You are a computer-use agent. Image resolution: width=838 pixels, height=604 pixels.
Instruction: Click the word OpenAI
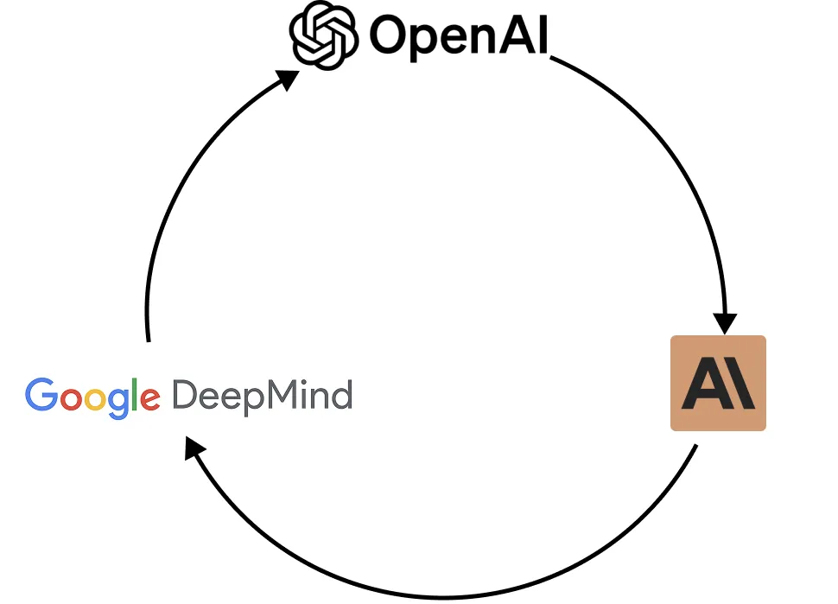pos(459,37)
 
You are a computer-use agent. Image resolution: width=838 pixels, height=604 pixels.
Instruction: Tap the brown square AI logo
pos(718,383)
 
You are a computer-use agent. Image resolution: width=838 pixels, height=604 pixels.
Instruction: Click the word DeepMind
pos(262,397)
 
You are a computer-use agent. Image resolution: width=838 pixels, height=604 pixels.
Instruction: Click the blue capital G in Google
pos(40,396)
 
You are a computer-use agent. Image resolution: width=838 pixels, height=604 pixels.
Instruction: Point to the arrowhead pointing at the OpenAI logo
pos(289,79)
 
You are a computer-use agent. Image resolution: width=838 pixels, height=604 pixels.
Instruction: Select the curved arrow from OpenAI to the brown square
pos(674,147)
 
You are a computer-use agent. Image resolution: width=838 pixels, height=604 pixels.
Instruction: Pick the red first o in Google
pos(70,400)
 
